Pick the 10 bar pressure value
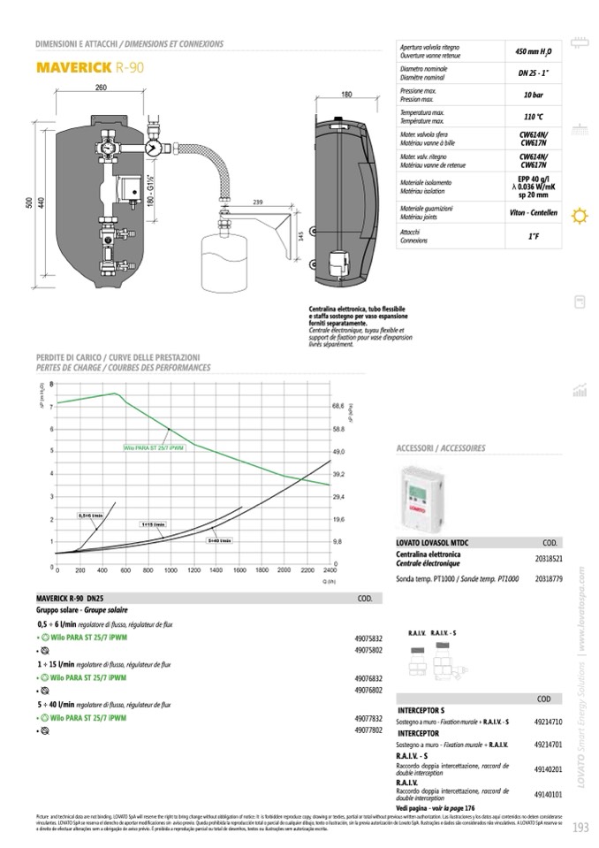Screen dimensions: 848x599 coord(533,94)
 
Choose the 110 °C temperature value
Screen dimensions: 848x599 coord(533,117)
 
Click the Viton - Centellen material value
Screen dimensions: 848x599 coord(533,213)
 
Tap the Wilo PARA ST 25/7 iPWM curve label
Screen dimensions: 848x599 coord(154,447)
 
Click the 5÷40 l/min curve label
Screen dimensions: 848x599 coord(219,539)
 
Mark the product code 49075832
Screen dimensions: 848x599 coord(368,638)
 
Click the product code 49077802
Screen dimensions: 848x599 coord(368,730)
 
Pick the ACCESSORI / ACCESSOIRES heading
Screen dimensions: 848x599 coord(442,448)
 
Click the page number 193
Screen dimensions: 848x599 coord(580,829)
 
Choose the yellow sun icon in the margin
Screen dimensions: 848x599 coord(580,215)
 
